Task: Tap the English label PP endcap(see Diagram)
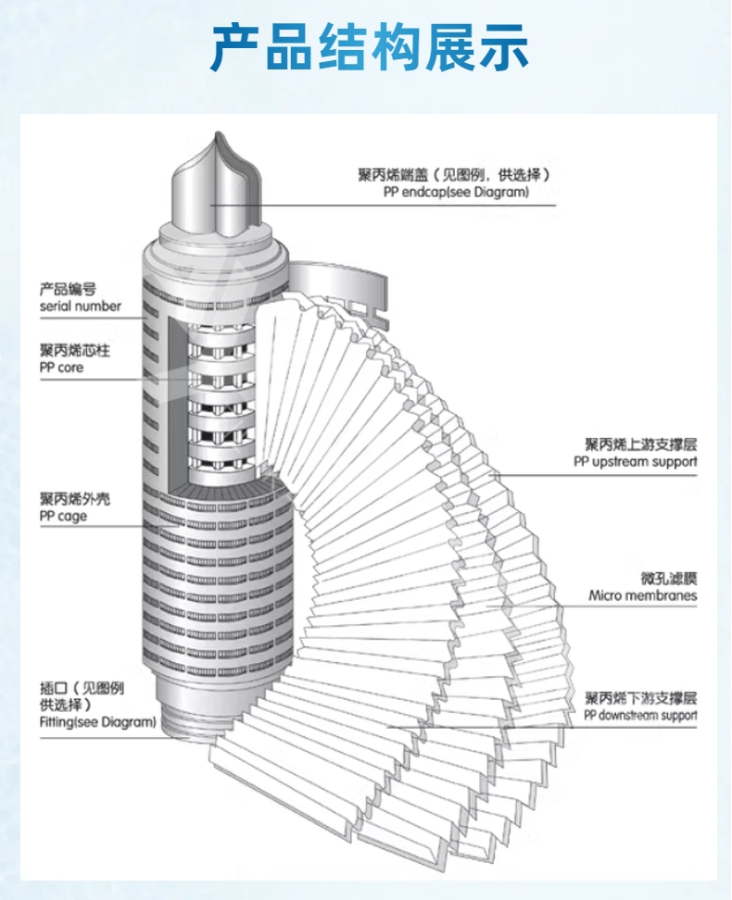click(455, 193)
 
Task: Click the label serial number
click(81, 306)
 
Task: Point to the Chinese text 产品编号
click(68, 290)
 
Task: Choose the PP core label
click(61, 368)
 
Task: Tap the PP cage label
click(63, 516)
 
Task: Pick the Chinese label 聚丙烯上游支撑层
click(639, 444)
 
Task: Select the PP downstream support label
click(640, 716)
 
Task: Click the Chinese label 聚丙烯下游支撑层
click(639, 698)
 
